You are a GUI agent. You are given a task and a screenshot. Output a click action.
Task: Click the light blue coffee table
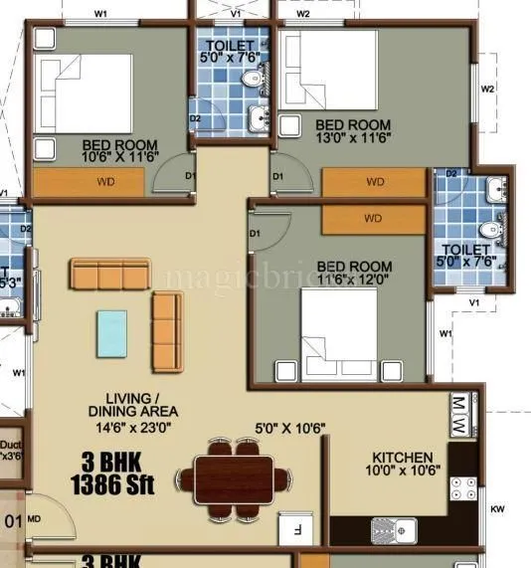tap(111, 332)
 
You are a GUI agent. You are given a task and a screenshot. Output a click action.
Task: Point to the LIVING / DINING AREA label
tap(132, 403)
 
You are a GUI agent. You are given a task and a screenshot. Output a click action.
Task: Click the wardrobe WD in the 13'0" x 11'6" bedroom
tap(375, 182)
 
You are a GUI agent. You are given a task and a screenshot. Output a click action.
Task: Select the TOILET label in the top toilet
tap(230, 47)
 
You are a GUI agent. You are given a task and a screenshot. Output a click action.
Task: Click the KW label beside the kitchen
tap(497, 511)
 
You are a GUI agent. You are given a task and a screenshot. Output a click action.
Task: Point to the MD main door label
tap(34, 519)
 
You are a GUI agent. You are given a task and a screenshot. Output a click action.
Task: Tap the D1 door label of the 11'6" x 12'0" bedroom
tap(255, 234)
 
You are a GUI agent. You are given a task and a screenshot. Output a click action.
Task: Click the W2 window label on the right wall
tap(487, 89)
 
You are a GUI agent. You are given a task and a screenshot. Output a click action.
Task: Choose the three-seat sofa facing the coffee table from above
tap(109, 273)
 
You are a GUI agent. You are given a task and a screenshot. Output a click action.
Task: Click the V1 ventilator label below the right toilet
tap(474, 302)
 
